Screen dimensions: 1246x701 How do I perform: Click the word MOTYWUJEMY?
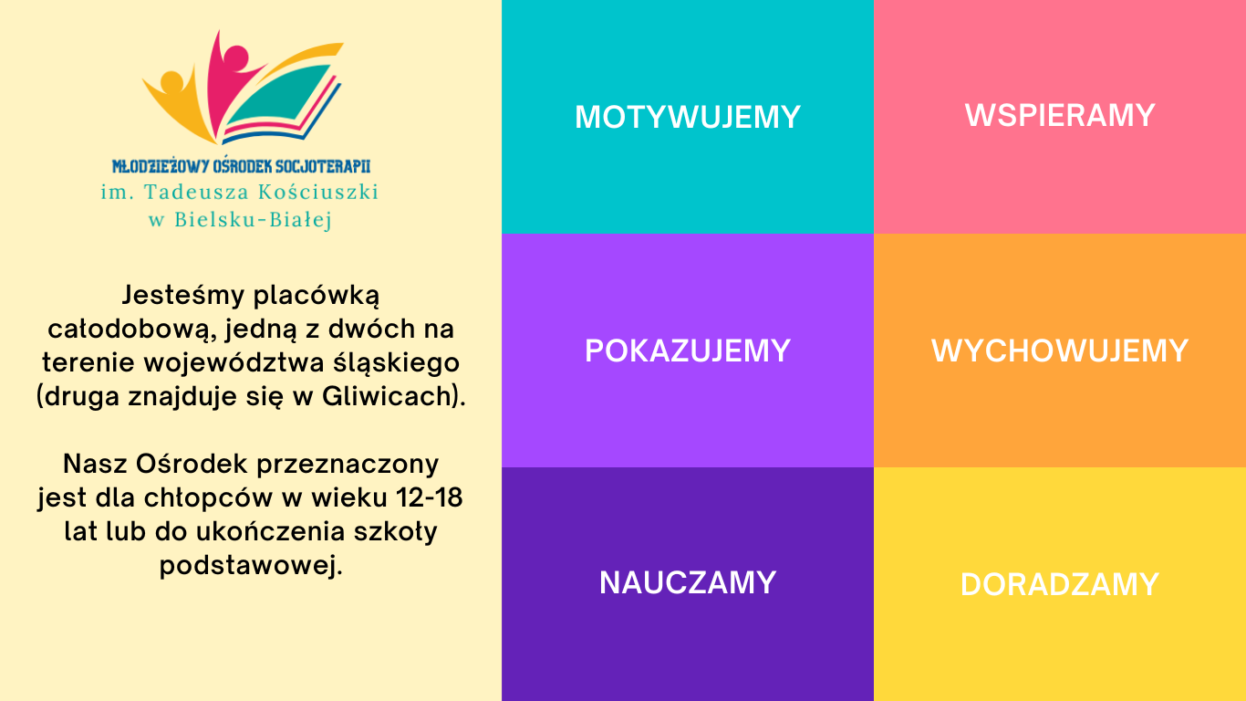click(688, 117)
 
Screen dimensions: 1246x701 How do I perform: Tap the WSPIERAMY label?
click(1060, 115)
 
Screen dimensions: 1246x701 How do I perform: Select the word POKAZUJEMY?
click(688, 350)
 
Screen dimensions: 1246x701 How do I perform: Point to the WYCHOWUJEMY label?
click(1060, 350)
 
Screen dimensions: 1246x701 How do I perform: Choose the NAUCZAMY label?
click(688, 583)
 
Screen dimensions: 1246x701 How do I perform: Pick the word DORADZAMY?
click(1060, 585)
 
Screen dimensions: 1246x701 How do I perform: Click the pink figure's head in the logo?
click(236, 58)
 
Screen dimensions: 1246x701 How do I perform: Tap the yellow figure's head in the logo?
click(171, 82)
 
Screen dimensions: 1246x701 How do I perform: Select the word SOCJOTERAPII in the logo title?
click(323, 166)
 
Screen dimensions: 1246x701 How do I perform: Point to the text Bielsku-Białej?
click(253, 220)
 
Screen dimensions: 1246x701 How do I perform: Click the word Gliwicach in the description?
click(387, 396)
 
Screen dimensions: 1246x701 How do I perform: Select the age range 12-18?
click(429, 497)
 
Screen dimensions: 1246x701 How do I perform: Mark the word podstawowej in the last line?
click(251, 566)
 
